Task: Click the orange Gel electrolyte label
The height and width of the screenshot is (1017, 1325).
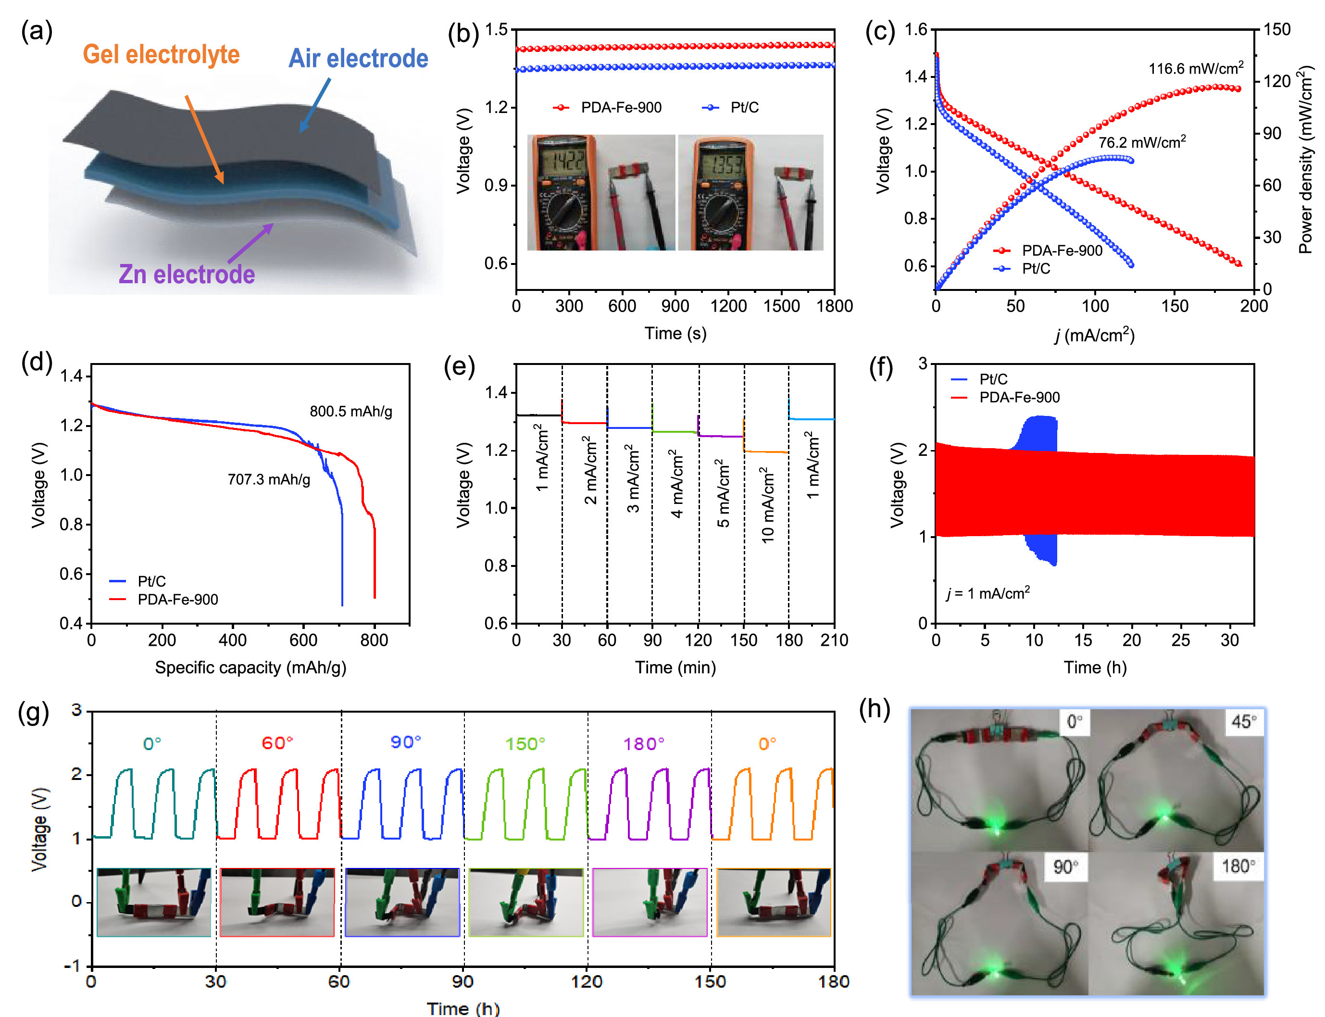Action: [x=161, y=54]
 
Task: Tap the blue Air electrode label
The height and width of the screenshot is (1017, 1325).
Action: [x=358, y=59]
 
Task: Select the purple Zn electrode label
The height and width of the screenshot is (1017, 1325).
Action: [x=187, y=274]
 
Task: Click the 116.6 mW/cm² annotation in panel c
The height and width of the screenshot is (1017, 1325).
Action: [x=1196, y=68]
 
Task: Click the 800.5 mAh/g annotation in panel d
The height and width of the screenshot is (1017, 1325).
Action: [x=350, y=412]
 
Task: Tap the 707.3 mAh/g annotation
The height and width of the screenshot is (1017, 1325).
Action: [x=269, y=479]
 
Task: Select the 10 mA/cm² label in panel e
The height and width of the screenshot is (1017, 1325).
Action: [x=767, y=505]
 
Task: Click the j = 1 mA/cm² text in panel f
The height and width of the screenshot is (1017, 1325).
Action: [x=988, y=593]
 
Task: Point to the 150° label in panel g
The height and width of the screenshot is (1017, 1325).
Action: [x=525, y=743]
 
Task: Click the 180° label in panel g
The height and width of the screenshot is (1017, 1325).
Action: [x=644, y=743]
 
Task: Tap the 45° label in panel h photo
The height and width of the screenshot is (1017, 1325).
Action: [x=1243, y=722]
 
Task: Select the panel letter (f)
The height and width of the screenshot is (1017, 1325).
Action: [x=881, y=367]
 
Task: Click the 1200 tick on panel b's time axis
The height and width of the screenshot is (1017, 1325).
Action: [x=728, y=306]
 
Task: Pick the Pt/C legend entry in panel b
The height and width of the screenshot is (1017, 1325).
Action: [x=730, y=108]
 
